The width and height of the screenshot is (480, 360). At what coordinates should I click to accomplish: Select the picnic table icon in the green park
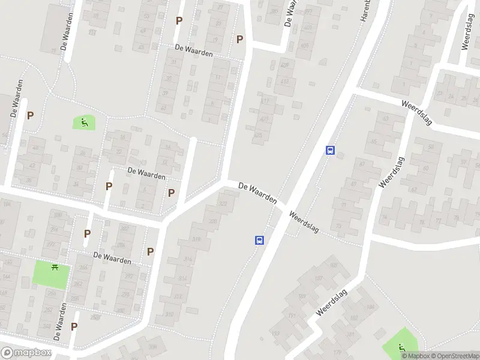coord(55,268)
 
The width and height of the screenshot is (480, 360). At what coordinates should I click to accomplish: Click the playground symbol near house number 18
coord(84,123)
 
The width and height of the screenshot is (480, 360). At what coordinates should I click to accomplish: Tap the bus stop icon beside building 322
coord(260,240)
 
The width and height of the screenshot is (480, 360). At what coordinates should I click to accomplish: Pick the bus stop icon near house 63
coord(330,151)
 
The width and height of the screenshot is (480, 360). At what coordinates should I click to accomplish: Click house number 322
coord(223,204)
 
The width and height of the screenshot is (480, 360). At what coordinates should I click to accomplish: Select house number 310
coord(169,314)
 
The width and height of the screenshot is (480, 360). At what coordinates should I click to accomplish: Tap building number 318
coord(196,239)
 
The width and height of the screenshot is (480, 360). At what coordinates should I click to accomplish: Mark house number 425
coord(257,135)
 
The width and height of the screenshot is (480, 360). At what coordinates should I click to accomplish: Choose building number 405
coord(305,45)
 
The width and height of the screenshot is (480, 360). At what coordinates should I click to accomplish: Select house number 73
coord(340,226)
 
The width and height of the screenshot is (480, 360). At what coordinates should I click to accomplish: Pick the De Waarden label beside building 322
coord(257,192)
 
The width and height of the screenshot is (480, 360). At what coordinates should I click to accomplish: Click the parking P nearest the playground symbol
coord(30,115)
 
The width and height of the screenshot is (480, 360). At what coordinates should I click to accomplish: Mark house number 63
coord(361,164)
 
